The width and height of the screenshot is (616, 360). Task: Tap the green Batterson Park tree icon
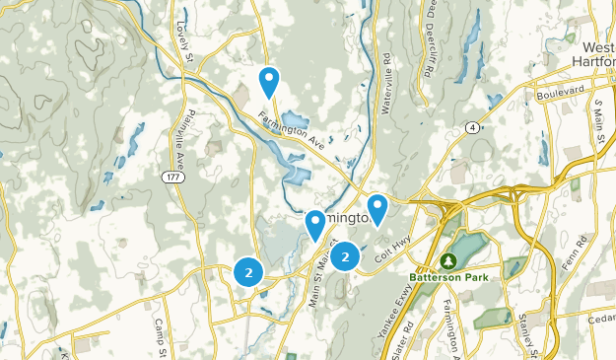coord(448,260)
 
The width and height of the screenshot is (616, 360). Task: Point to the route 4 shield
coord(474,127)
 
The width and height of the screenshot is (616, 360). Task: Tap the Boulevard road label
coord(559,94)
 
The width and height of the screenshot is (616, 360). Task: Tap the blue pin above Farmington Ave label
coord(268,80)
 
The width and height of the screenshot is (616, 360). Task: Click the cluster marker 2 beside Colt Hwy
coord(345,257)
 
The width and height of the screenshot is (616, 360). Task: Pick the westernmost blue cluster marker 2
coord(248,271)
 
